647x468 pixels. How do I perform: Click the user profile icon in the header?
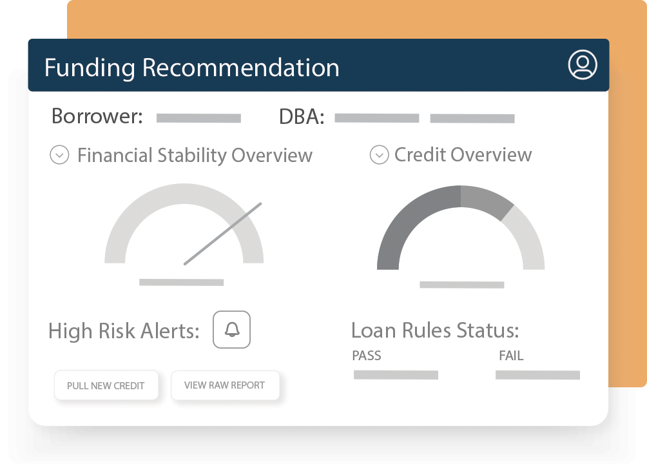(582, 65)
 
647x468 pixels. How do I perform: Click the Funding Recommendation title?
(191, 67)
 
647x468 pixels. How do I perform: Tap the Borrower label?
(97, 116)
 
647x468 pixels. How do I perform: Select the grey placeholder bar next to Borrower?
(198, 118)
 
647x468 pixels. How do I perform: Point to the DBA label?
(302, 117)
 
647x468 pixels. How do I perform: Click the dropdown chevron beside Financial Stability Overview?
(59, 155)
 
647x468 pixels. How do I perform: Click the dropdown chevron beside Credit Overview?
(379, 155)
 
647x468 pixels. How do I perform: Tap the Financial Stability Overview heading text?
(195, 156)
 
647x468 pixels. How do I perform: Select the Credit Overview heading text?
(463, 155)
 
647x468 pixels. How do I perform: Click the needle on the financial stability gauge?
(223, 234)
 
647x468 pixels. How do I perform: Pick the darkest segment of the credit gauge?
(407, 219)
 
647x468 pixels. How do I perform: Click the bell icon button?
(231, 329)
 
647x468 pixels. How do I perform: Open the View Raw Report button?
(225, 385)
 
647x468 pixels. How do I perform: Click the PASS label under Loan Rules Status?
(367, 356)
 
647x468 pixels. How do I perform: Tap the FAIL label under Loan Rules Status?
(511, 356)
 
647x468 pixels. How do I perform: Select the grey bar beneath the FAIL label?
(537, 375)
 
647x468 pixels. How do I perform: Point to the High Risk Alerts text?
(124, 331)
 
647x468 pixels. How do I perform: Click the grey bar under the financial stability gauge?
(182, 282)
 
